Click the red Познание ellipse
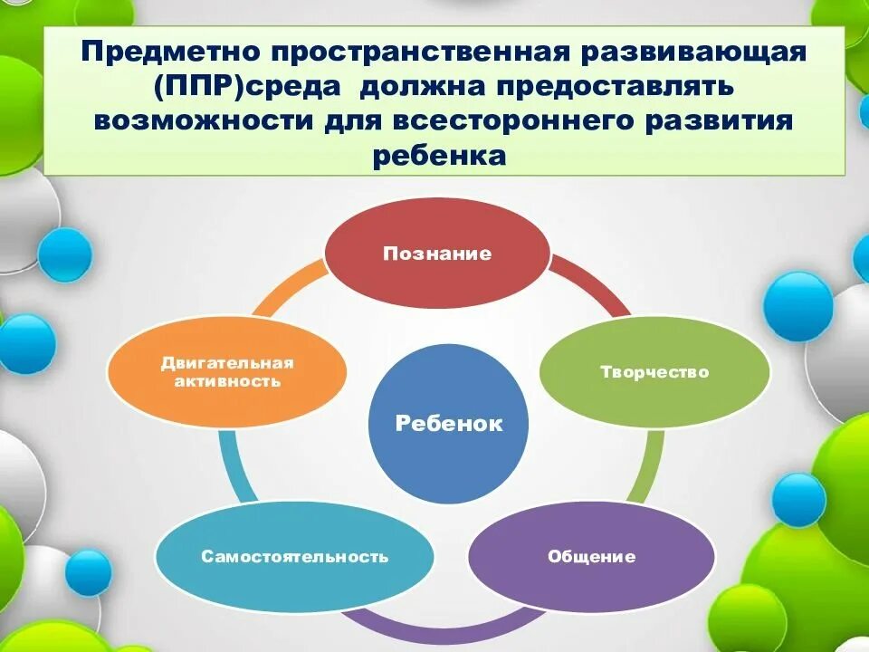click(437, 253)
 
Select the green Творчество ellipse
click(654, 371)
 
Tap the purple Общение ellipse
click(591, 555)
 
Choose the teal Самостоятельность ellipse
click(294, 555)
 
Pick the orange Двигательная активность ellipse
click(227, 371)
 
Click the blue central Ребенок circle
click(449, 424)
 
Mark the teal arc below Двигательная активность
click(232, 466)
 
